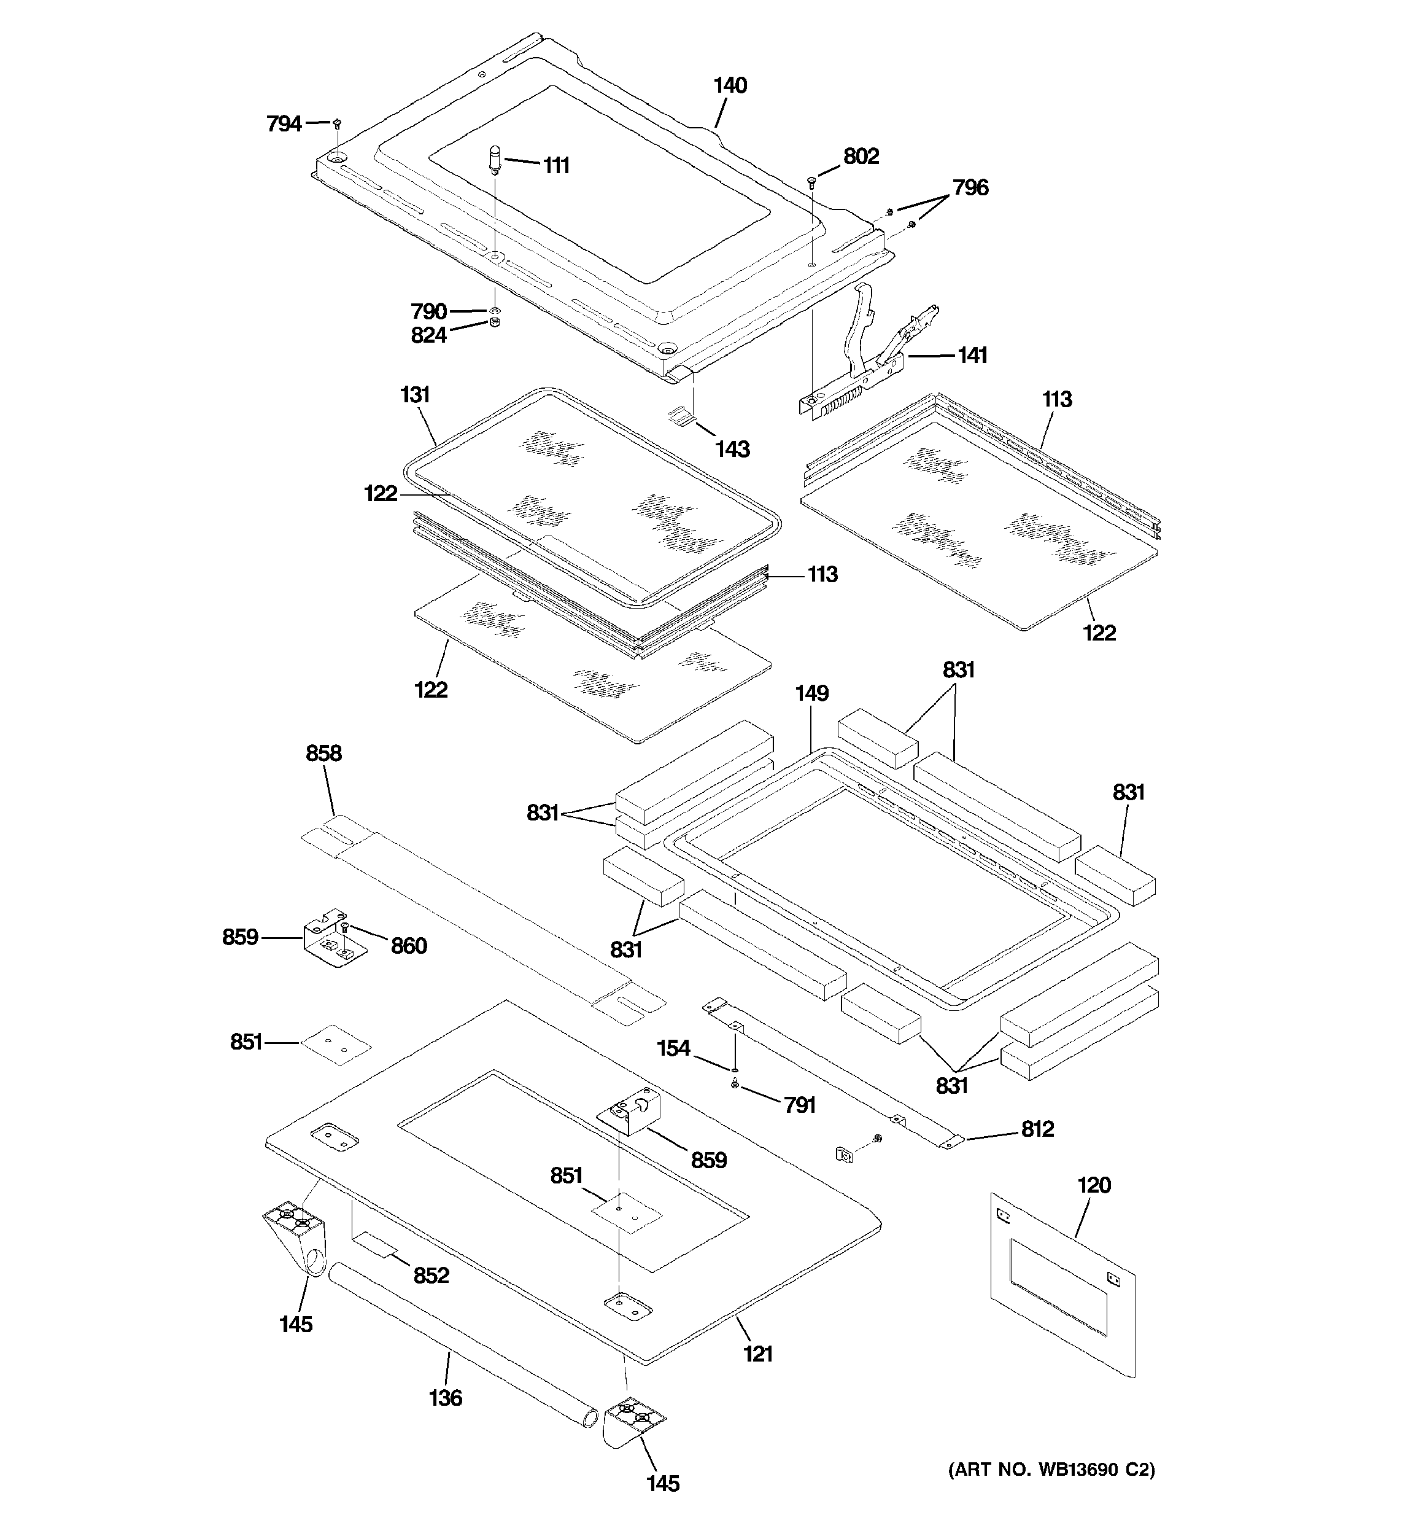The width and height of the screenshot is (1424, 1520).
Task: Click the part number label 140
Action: [x=730, y=85]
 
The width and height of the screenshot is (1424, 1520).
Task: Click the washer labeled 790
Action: [x=495, y=310]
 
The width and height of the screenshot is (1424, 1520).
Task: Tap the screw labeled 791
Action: [x=735, y=1083]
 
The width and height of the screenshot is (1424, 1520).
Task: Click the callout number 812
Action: [x=1037, y=1129]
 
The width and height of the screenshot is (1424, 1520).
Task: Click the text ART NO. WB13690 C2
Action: [x=1051, y=1469]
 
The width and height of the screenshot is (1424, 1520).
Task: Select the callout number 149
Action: [x=811, y=693]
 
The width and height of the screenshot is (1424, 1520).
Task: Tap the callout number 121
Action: [x=757, y=1354]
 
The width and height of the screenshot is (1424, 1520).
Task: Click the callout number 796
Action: [x=970, y=187]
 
